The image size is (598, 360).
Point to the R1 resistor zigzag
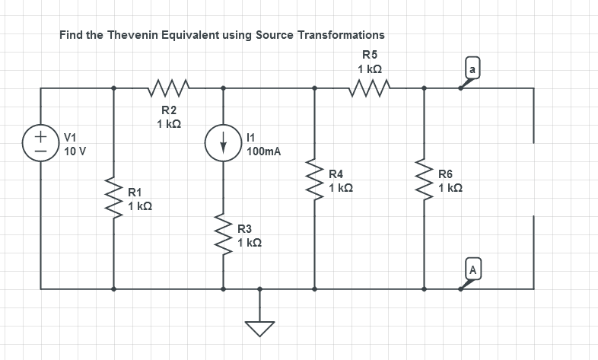114,199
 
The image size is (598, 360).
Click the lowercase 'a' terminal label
472,70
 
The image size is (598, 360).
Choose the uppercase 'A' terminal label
472,269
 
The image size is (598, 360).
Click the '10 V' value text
75,151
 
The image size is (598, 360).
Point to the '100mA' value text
264,151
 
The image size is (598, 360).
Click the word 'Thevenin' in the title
147,35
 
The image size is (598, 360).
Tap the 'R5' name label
370,54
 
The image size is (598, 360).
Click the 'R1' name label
135,193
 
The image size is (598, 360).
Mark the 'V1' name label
71,138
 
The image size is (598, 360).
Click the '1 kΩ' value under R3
250,242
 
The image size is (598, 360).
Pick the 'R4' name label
336,174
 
